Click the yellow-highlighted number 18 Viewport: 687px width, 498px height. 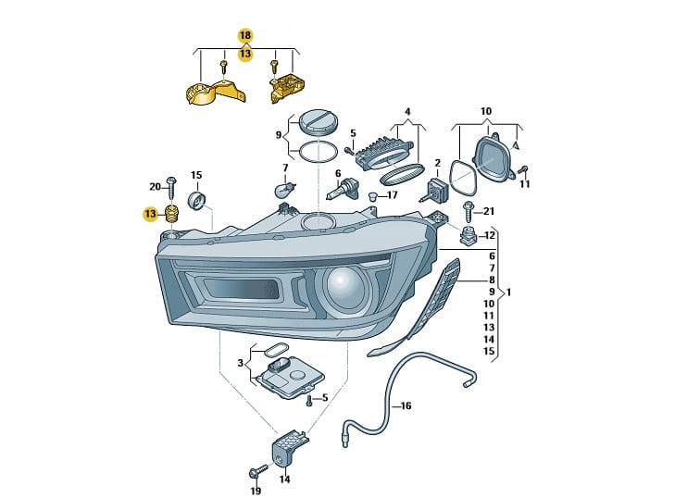(244, 35)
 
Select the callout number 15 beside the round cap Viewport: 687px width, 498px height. (196, 174)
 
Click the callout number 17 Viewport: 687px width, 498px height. (392, 195)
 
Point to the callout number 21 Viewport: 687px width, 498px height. (489, 212)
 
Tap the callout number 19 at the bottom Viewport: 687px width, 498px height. (256, 490)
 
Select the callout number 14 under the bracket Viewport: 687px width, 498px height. (284, 479)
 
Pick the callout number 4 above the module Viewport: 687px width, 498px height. (406, 113)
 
